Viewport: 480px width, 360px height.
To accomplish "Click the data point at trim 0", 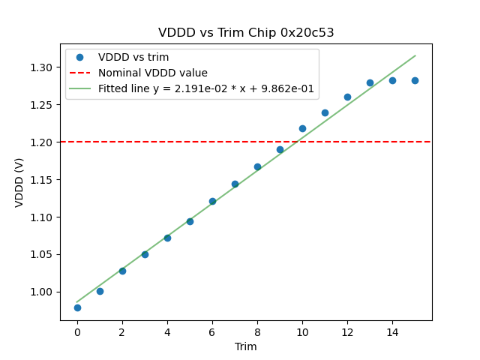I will (77, 307).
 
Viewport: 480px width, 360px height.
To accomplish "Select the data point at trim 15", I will (415, 80).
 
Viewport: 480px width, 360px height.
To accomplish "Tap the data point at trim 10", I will (302, 128).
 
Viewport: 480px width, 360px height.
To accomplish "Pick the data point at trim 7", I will (235, 184).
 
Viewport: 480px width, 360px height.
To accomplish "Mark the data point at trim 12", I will (347, 97).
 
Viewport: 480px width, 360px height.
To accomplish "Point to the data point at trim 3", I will (145, 254).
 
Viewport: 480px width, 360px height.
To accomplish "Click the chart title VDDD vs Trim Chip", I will (246, 33).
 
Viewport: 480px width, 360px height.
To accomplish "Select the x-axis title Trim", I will (246, 346).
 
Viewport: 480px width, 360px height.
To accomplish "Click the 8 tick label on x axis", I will (257, 332).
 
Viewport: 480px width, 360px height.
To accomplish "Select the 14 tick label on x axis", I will (392, 332).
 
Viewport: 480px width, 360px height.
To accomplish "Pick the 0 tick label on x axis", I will (77, 332).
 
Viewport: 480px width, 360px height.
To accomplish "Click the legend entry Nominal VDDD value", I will (152, 73).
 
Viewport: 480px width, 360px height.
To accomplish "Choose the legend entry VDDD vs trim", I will (133, 58).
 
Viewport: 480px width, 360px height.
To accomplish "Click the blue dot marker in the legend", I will (79, 58).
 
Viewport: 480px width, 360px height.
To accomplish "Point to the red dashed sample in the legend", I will (79, 73).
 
